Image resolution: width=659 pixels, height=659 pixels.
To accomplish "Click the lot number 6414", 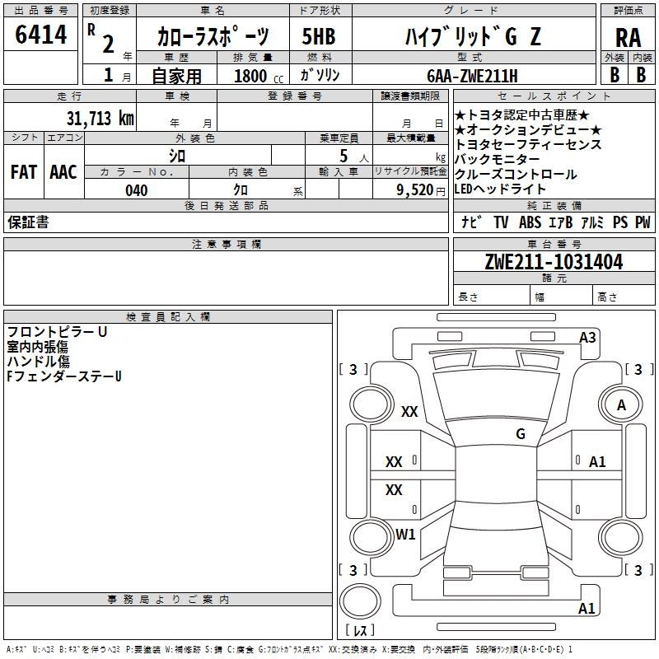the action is pyautogui.click(x=41, y=35).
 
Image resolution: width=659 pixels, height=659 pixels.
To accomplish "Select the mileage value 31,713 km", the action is pyautogui.click(x=100, y=118).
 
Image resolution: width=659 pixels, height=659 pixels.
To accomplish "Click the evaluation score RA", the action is pyautogui.click(x=627, y=36).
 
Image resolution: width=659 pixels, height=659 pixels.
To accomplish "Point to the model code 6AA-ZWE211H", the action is pyautogui.click(x=473, y=75).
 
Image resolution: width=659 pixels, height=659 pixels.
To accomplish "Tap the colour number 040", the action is pyautogui.click(x=137, y=190).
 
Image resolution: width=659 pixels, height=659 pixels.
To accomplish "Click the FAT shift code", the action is pyautogui.click(x=23, y=172).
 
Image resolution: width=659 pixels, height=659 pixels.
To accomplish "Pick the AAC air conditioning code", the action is pyautogui.click(x=63, y=172).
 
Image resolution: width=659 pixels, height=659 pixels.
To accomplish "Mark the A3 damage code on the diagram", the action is pyautogui.click(x=587, y=338).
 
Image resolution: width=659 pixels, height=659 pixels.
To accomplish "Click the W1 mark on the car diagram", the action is pyautogui.click(x=405, y=535).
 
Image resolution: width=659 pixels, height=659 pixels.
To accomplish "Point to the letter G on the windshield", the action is pyautogui.click(x=521, y=434).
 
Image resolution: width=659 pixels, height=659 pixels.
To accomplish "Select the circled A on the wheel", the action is pyautogui.click(x=622, y=405).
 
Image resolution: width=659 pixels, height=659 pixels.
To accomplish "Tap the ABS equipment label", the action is pyautogui.click(x=530, y=222).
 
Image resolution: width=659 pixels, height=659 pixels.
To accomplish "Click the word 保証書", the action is pyautogui.click(x=28, y=222).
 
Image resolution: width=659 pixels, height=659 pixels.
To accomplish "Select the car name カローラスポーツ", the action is pyautogui.click(x=213, y=37).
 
